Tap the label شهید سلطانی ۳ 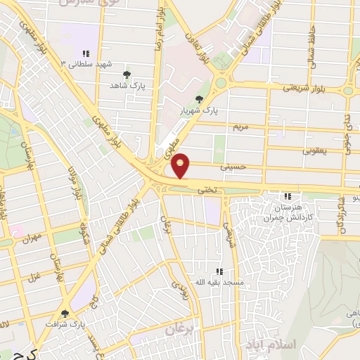(86, 64)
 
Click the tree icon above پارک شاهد (127, 74)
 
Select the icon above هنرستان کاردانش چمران (287, 196)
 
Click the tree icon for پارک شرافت (65, 314)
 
